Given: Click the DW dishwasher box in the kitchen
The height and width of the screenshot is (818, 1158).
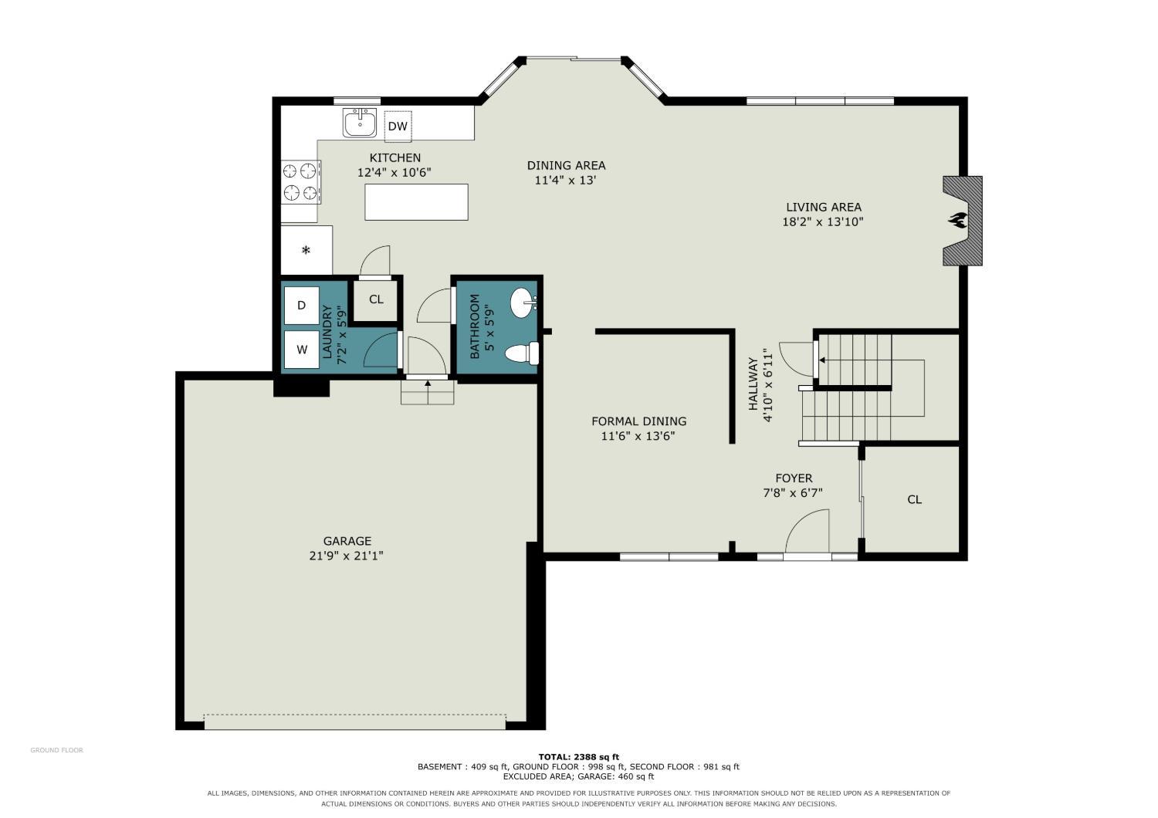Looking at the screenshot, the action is (398, 126).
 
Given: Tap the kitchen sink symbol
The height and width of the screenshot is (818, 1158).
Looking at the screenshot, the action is (360, 123).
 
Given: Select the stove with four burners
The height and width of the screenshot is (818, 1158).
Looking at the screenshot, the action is (301, 181).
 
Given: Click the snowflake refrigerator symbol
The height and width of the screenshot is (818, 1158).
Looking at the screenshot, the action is (306, 251).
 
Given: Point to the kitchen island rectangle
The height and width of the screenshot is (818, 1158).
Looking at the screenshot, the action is (416, 202).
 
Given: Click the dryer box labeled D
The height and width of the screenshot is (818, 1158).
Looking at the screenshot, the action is (302, 305).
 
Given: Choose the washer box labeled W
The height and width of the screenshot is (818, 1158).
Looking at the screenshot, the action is (302, 350).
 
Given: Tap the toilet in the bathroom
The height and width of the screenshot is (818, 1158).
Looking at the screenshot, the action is (522, 353).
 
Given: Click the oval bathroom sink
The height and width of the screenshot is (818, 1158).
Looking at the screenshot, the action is (523, 303).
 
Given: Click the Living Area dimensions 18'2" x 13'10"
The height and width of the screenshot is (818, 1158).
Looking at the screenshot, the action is (824, 222).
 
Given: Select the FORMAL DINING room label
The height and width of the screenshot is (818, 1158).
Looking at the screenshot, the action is (639, 421).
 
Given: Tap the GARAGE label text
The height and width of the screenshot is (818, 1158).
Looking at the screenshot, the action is (347, 541).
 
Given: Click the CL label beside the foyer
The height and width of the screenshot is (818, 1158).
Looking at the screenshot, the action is (915, 500).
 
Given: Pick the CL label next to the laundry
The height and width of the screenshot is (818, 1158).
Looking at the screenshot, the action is (377, 299).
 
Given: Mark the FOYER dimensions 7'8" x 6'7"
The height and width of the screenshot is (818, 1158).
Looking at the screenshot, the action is (793, 493).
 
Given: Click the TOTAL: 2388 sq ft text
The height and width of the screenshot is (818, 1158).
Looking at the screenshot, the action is (579, 757).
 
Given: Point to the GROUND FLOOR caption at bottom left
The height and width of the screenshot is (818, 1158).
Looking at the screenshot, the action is (57, 750).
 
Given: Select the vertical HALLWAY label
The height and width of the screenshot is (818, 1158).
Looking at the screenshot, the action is (753, 384).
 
